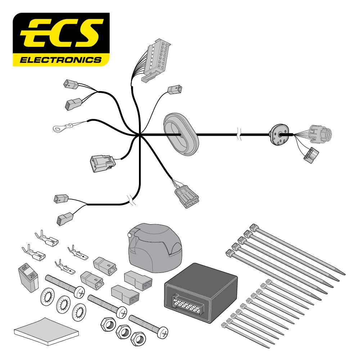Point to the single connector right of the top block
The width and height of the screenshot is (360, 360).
coord(175,90)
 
